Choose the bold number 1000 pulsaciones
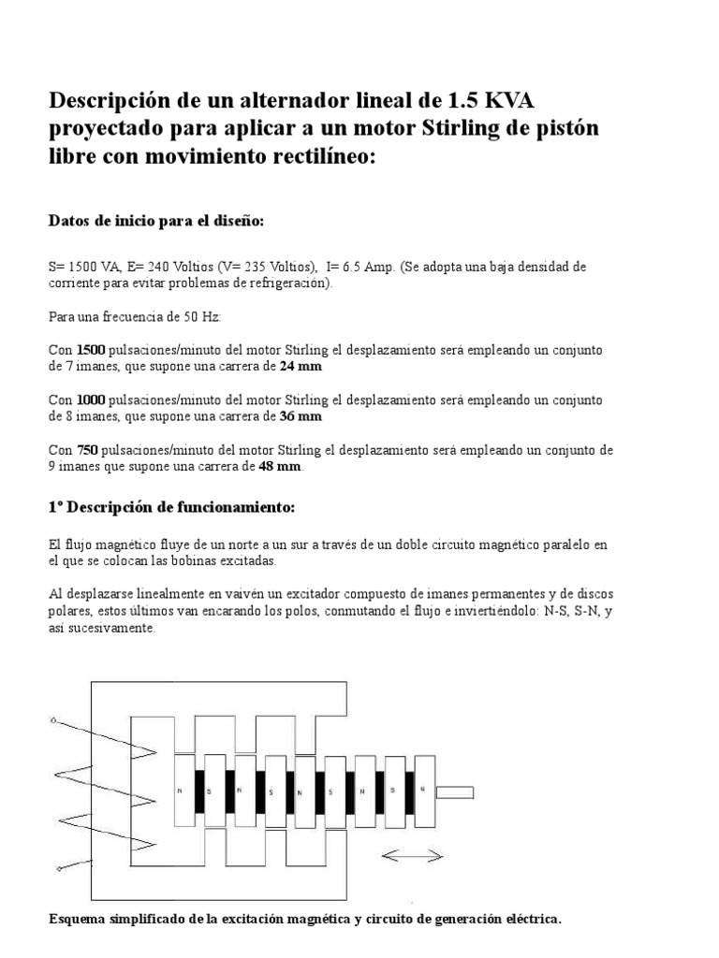coord(91,400)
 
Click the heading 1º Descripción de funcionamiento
coord(171,507)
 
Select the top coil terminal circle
coord(53,720)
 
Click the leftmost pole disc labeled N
coord(179,791)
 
